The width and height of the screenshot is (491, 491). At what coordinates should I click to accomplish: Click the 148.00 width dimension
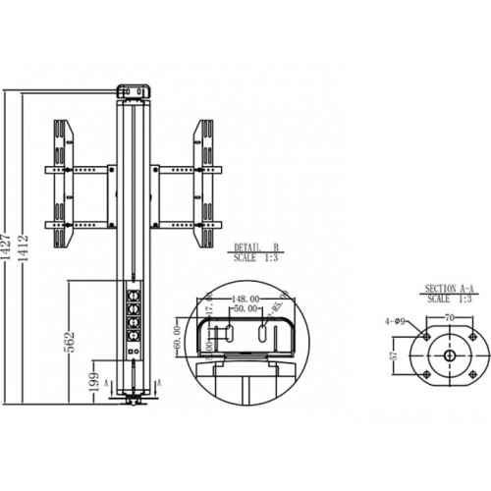point(245,299)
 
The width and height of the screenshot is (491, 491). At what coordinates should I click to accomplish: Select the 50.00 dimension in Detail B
point(245,308)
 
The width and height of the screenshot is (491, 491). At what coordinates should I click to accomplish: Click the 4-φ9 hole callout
point(396,319)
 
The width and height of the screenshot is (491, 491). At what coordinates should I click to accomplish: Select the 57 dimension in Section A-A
point(394,355)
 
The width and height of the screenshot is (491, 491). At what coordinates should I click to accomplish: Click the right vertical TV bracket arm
point(206,183)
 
